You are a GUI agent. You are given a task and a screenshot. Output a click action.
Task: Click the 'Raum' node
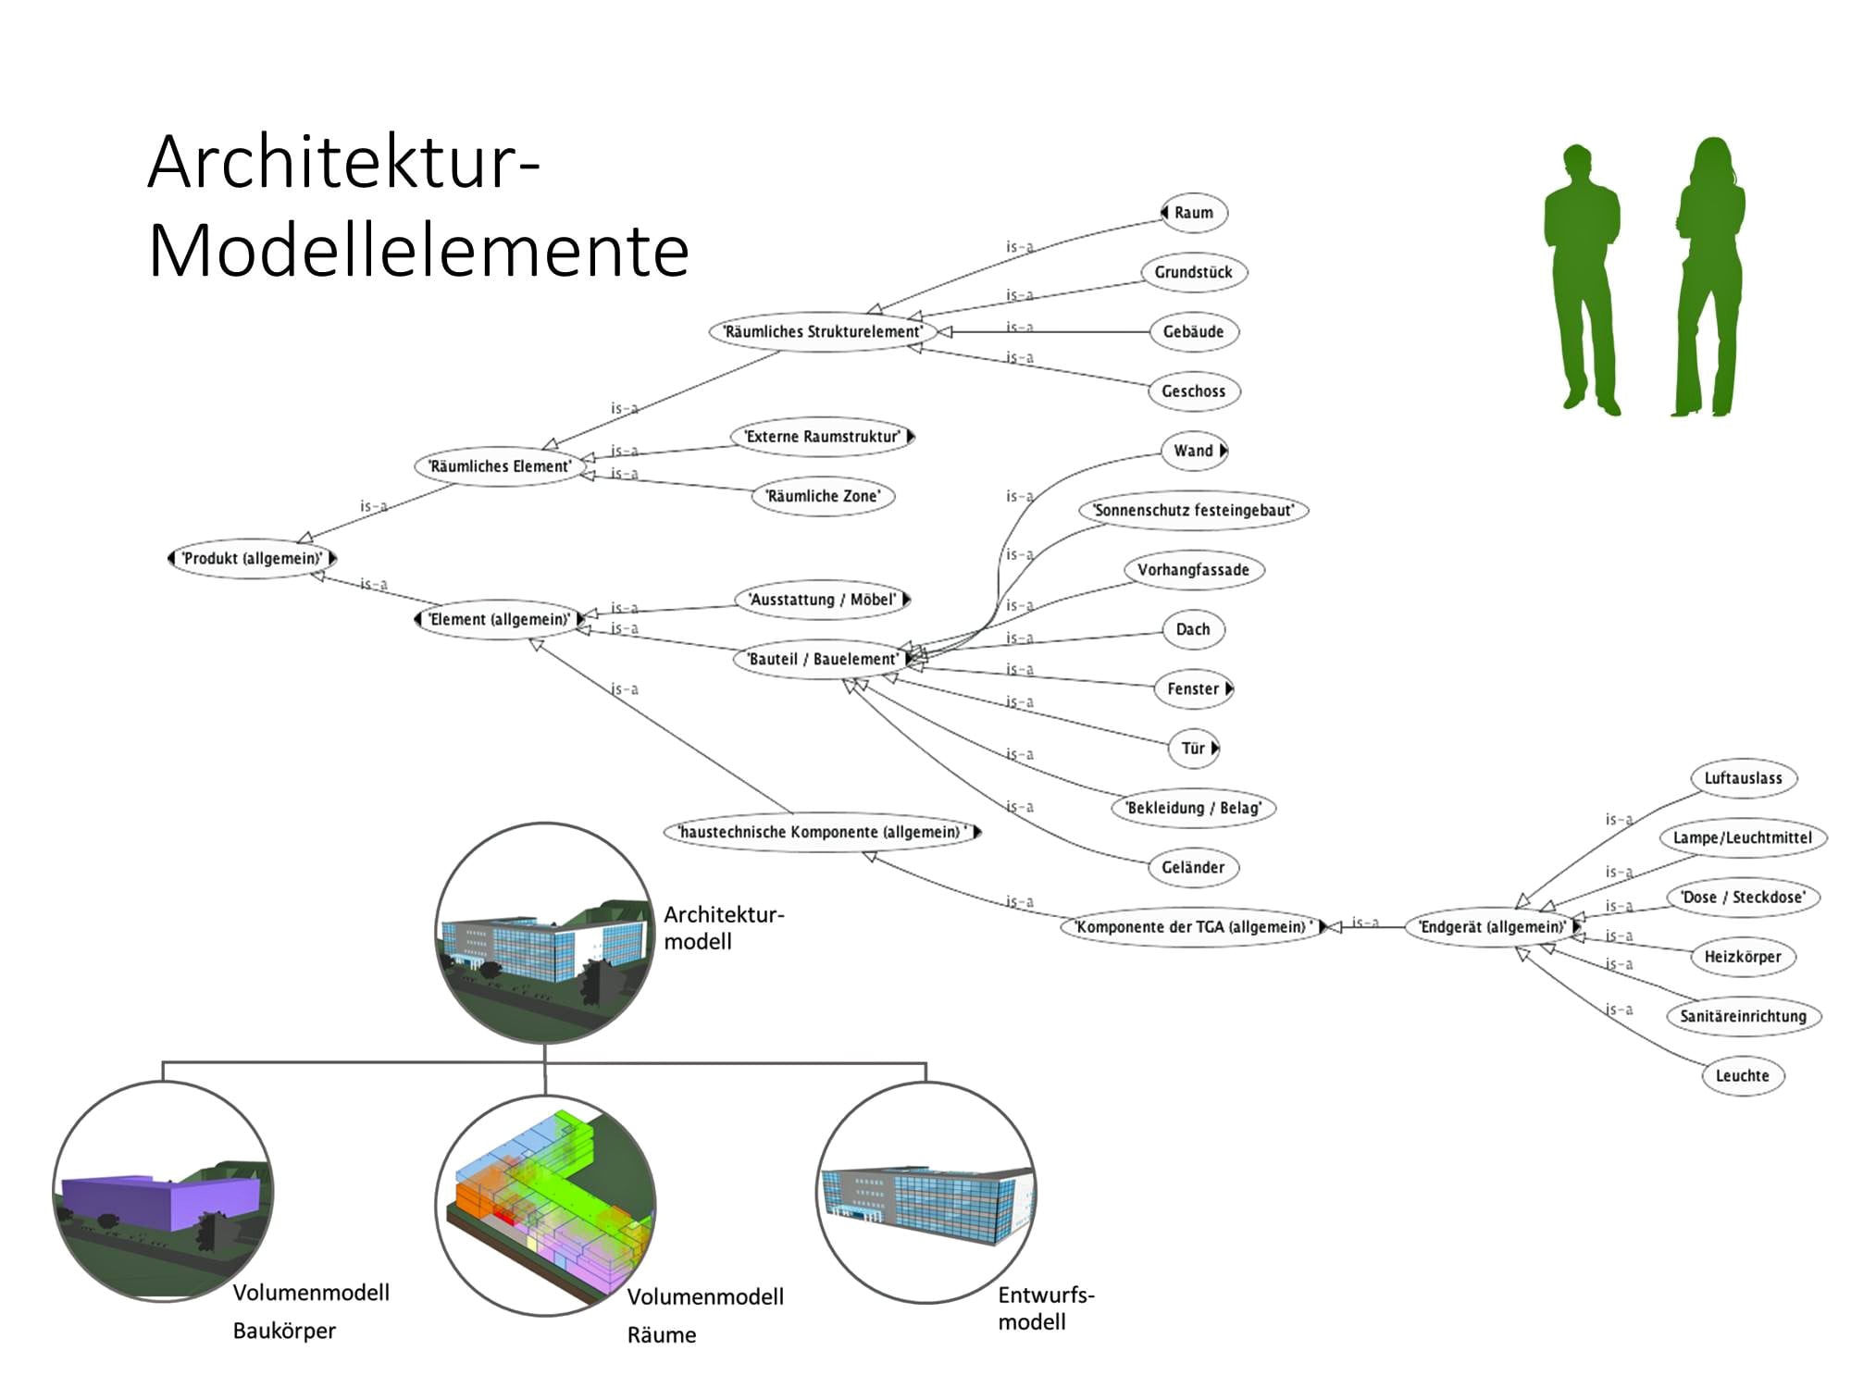pyautogui.click(x=1194, y=213)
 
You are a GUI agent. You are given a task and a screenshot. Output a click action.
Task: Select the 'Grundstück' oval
pyautogui.click(x=1194, y=272)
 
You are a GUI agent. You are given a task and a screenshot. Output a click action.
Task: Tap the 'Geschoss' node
pyautogui.click(x=1194, y=391)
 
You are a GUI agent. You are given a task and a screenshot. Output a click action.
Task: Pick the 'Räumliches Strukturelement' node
pyautogui.click(x=823, y=331)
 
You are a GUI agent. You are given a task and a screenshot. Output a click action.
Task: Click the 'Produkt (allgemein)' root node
pyautogui.click(x=252, y=559)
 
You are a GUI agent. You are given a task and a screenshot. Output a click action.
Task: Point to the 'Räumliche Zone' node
pyautogui.click(x=823, y=496)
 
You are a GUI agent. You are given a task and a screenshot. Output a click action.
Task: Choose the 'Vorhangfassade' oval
pyautogui.click(x=1194, y=570)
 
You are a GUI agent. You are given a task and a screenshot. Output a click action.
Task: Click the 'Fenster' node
pyautogui.click(x=1194, y=689)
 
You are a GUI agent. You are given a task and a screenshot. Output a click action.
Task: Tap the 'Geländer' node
pyautogui.click(x=1194, y=868)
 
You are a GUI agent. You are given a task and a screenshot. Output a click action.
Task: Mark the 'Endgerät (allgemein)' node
pyautogui.click(x=1492, y=927)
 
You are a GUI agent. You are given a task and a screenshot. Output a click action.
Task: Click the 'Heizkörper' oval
pyautogui.click(x=1743, y=957)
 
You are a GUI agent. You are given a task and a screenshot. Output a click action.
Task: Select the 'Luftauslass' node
pyautogui.click(x=1744, y=778)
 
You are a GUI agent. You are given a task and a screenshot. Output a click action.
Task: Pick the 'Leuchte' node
pyautogui.click(x=1743, y=1076)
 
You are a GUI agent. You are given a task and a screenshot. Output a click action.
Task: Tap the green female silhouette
pyautogui.click(x=1710, y=278)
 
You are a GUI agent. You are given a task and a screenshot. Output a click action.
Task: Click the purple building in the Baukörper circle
pyautogui.click(x=162, y=1203)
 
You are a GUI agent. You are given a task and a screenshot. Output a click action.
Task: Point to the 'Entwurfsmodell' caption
pyautogui.click(x=1046, y=1308)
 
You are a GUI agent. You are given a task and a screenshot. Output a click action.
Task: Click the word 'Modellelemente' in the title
pyautogui.click(x=418, y=251)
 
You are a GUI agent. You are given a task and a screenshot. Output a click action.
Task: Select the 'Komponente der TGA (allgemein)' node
pyautogui.click(x=1193, y=927)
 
